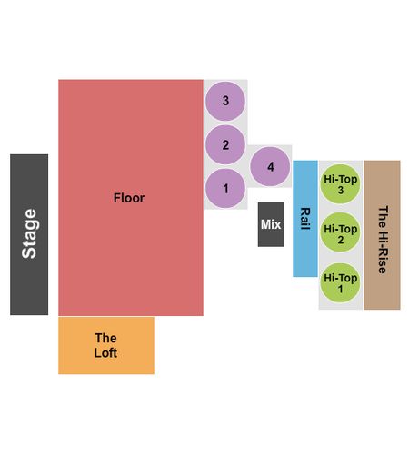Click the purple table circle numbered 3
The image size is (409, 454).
(x=225, y=101)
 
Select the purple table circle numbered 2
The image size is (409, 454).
(x=225, y=144)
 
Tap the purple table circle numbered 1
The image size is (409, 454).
(x=225, y=189)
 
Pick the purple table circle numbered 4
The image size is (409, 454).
(x=270, y=166)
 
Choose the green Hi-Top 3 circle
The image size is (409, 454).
(x=340, y=184)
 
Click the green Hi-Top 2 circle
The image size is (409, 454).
(x=340, y=232)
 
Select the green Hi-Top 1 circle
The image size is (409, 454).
(x=340, y=282)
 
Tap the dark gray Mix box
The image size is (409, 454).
(x=271, y=224)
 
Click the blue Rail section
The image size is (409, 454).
(x=305, y=219)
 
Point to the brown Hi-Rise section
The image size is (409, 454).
(x=382, y=235)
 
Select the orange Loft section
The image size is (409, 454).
(x=106, y=345)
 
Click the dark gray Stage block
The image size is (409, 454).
(x=29, y=234)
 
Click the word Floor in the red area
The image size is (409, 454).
(x=129, y=198)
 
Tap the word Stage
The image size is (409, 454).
(x=29, y=233)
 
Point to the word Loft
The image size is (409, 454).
(x=105, y=353)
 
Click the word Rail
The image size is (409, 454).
(x=305, y=219)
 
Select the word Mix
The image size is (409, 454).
(x=271, y=224)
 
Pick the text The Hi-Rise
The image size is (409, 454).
(x=383, y=240)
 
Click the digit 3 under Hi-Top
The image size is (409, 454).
(x=341, y=191)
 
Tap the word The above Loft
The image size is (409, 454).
(x=105, y=338)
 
